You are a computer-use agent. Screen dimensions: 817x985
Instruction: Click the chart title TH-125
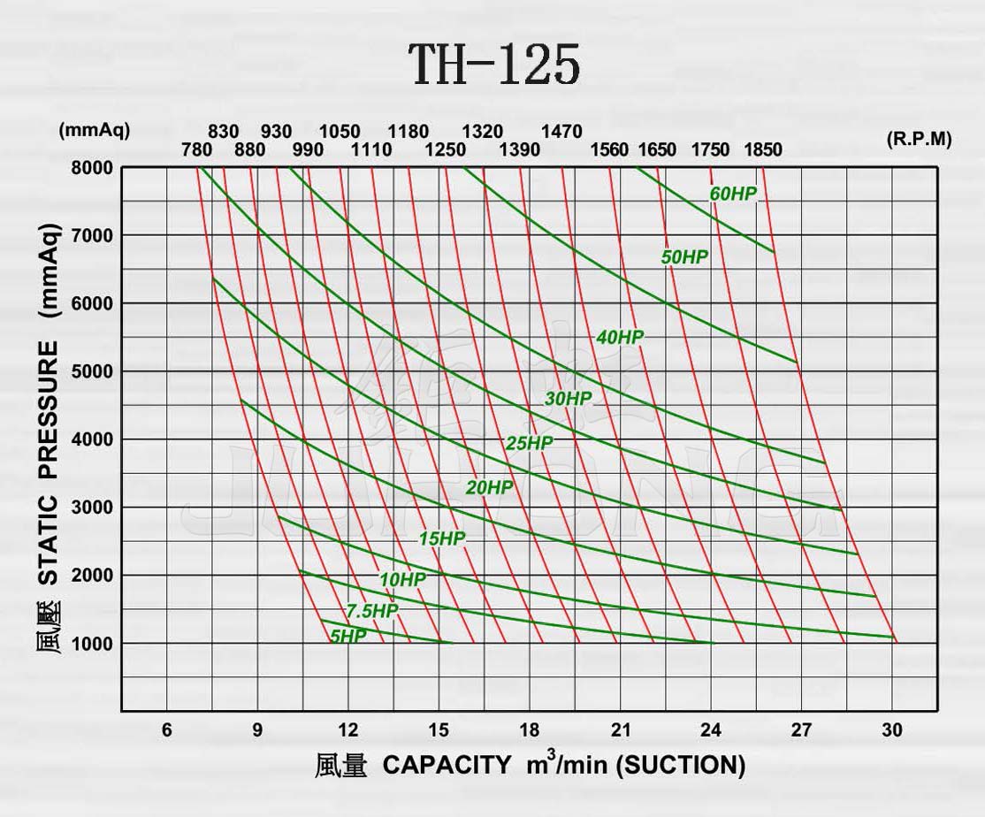(494, 65)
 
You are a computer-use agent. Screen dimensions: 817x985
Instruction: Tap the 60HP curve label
(733, 195)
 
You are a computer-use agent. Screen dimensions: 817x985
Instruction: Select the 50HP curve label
(684, 257)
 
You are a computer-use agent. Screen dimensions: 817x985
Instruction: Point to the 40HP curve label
(620, 337)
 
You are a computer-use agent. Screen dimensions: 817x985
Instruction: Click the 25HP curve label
(529, 443)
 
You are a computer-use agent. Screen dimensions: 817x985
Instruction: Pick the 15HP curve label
(441, 538)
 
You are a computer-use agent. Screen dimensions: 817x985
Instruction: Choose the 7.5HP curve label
(371, 611)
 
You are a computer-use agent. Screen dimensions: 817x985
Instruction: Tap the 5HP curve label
(347, 636)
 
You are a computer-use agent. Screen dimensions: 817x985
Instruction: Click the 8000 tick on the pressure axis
(92, 168)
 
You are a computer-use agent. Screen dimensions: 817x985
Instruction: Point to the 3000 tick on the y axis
(92, 508)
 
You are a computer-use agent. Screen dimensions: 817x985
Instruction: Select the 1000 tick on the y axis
(92, 644)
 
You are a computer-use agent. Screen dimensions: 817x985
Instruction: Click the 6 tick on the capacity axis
(166, 730)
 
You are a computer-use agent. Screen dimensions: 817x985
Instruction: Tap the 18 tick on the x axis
(529, 730)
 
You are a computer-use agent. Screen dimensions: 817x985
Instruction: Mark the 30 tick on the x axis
(891, 730)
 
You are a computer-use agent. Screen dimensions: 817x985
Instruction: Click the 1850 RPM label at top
(762, 149)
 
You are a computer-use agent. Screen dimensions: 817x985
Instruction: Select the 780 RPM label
(196, 149)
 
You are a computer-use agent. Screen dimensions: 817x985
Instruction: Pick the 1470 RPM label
(561, 132)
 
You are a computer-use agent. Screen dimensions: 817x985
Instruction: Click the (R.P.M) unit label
(919, 140)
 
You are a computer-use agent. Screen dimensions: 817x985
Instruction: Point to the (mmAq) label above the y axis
(94, 130)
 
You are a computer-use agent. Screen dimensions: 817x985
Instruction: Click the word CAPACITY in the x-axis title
(447, 765)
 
